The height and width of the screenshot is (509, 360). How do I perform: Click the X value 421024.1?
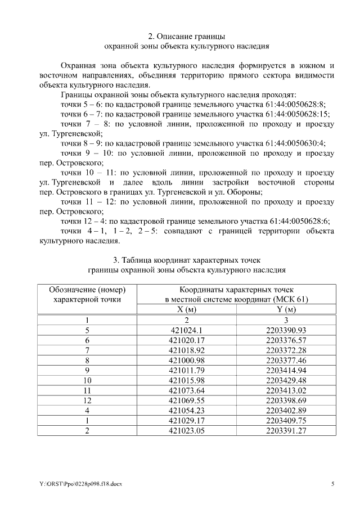point(190,330)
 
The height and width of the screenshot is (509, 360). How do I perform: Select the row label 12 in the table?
point(87,401)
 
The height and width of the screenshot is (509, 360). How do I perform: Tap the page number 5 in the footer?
point(332,484)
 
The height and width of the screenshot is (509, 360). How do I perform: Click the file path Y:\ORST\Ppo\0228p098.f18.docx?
point(82,484)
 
